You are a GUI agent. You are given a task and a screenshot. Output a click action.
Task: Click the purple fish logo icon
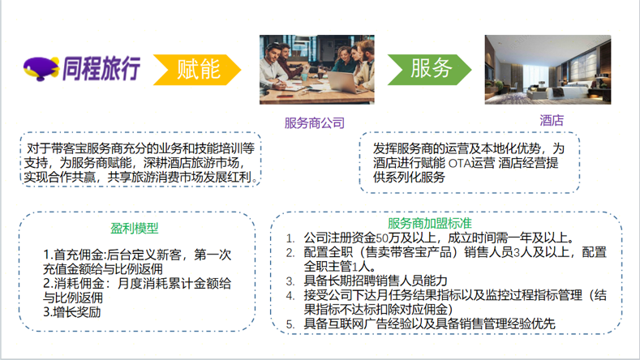pyautogui.click(x=41, y=69)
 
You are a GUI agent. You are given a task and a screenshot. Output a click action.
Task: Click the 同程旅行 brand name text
pyautogui.click(x=101, y=68)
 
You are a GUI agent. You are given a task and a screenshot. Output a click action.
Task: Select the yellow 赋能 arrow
pyautogui.click(x=197, y=70)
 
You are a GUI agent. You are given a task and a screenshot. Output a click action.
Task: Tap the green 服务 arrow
pyautogui.click(x=429, y=70)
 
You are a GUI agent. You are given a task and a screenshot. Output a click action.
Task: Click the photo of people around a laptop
pyautogui.click(x=316, y=70)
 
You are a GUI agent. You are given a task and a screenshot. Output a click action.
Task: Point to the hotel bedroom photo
pyautogui.click(x=548, y=70)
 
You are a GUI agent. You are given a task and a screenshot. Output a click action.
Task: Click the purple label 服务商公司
pyautogui.click(x=314, y=123)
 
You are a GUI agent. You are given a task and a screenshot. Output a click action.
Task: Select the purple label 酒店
pyautogui.click(x=552, y=121)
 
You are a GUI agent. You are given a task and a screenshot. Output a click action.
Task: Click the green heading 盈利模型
pyautogui.click(x=135, y=228)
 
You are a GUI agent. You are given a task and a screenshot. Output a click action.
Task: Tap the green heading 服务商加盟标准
pyautogui.click(x=429, y=223)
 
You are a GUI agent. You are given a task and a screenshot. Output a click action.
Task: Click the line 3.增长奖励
pyautogui.click(x=72, y=312)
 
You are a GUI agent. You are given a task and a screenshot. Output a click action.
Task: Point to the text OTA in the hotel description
pyautogui.click(x=459, y=163)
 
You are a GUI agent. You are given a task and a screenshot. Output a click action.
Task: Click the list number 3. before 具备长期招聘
pyautogui.click(x=290, y=281)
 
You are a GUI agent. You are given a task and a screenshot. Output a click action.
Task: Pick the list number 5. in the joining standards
pyautogui.click(x=290, y=324)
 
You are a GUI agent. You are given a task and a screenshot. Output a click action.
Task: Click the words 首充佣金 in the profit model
pyautogui.click(x=79, y=255)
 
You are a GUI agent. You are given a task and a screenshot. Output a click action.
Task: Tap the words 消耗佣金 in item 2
pyautogui.click(x=79, y=284)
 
